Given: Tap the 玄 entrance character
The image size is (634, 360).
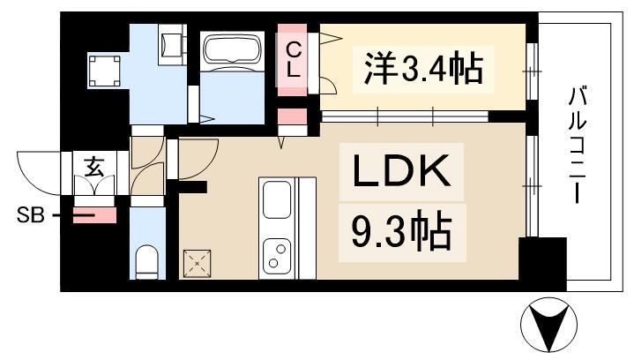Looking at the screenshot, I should click(x=93, y=165).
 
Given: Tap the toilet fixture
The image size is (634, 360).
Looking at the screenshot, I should click(x=147, y=261).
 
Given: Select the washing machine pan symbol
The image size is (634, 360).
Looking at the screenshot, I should click(x=108, y=71).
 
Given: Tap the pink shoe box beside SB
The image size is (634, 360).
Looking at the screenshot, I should click(x=94, y=214).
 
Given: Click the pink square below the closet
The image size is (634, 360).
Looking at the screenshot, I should click(x=289, y=118).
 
